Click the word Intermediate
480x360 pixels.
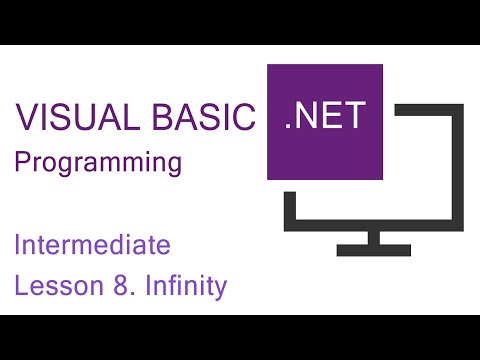coord(93,244)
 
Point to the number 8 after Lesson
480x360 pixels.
coord(117,287)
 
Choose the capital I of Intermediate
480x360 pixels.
coord(18,244)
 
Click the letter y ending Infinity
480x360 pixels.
coord(221,290)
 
